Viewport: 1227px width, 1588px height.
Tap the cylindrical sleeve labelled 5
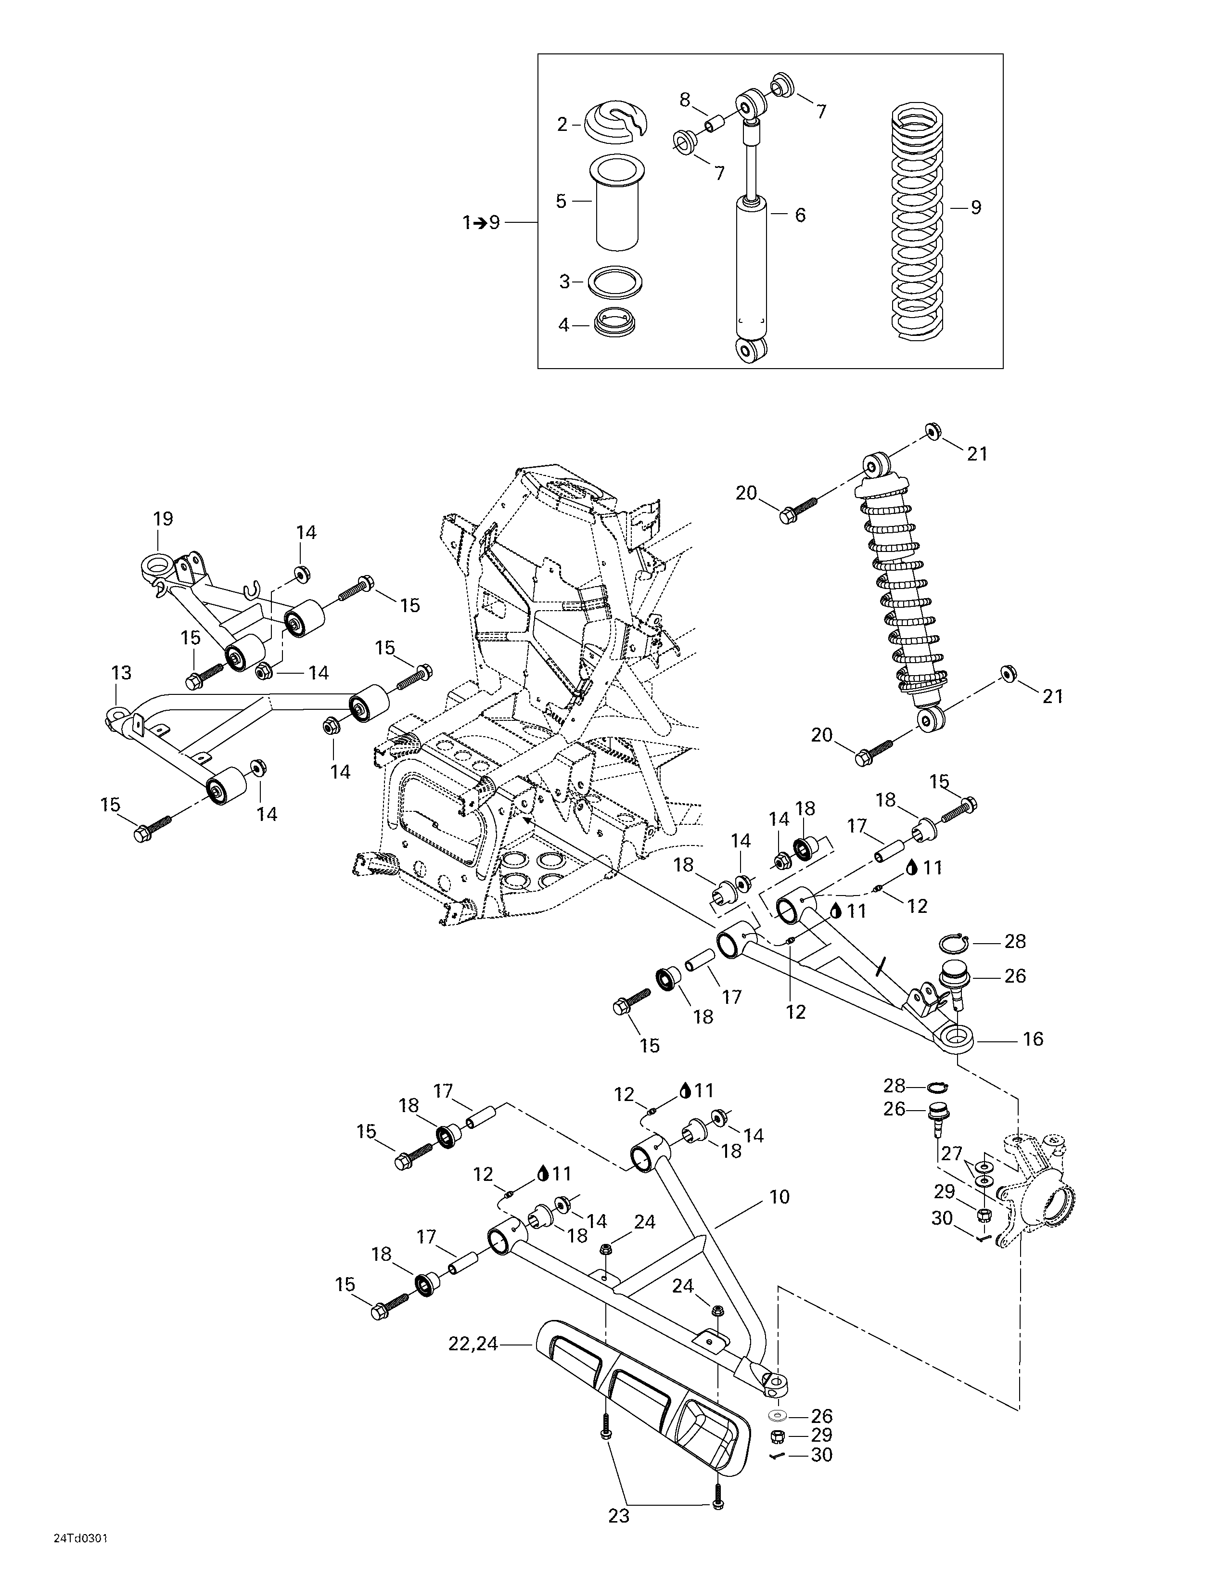pos(618,203)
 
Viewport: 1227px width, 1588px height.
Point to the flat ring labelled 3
pos(615,282)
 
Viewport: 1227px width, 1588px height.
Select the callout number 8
pos(684,100)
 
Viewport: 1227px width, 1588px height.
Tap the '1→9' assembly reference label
pos(481,222)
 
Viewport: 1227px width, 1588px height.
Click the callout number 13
pos(121,673)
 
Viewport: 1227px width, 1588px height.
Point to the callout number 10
pos(779,1197)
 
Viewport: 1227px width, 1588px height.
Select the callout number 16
pos(1032,1039)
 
